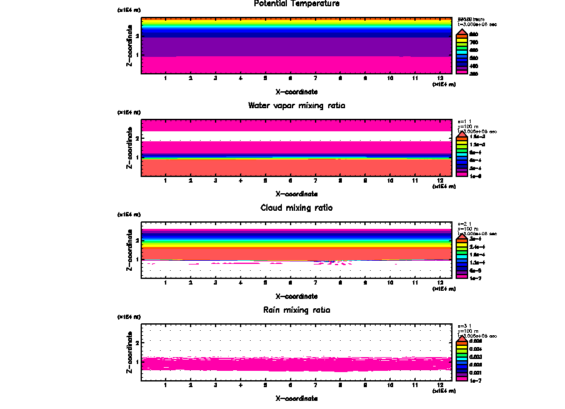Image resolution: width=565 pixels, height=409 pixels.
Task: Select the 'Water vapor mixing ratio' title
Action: click(297, 106)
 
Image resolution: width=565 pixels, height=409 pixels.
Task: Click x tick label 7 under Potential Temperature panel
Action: click(316, 79)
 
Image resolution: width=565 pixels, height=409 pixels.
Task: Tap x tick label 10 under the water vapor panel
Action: click(390, 181)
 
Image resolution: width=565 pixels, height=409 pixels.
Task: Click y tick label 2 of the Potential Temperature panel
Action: click(136, 36)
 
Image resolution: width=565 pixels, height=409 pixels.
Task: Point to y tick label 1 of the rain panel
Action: click(136, 361)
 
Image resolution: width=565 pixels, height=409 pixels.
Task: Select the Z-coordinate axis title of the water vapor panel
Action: click(129, 148)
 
